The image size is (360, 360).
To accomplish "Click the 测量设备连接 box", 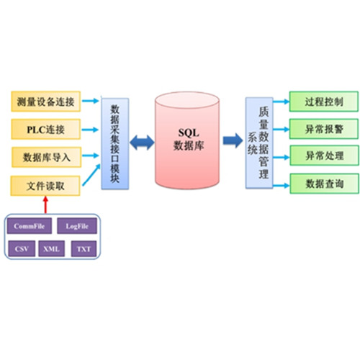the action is [45, 102].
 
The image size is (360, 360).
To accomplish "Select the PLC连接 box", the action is [45, 130].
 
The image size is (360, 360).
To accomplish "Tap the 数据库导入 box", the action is [46, 157].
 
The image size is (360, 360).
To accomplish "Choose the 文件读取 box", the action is [45, 186].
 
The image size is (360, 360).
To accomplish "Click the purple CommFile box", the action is [29, 226].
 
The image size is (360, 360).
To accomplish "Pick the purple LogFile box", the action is [77, 226].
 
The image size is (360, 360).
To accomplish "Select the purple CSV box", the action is [22, 248].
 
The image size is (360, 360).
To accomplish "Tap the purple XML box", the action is [51, 248].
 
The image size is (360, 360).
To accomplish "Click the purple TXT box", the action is [84, 248].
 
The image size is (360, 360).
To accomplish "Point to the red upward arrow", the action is [45, 204].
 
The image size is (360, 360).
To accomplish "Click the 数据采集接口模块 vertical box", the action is [115, 143].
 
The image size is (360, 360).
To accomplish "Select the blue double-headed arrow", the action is [142, 143].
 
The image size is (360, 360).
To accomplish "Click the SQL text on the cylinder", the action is [189, 132].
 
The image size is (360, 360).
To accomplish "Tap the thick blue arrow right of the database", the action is [233, 140].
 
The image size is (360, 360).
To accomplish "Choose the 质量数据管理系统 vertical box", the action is [259, 143].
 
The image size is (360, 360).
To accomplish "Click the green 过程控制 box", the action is [324, 102].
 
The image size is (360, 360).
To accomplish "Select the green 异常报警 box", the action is [324, 129].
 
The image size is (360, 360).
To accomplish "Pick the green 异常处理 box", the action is [325, 156].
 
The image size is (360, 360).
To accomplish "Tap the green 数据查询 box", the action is [325, 184].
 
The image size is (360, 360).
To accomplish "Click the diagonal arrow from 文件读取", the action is [91, 175].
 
